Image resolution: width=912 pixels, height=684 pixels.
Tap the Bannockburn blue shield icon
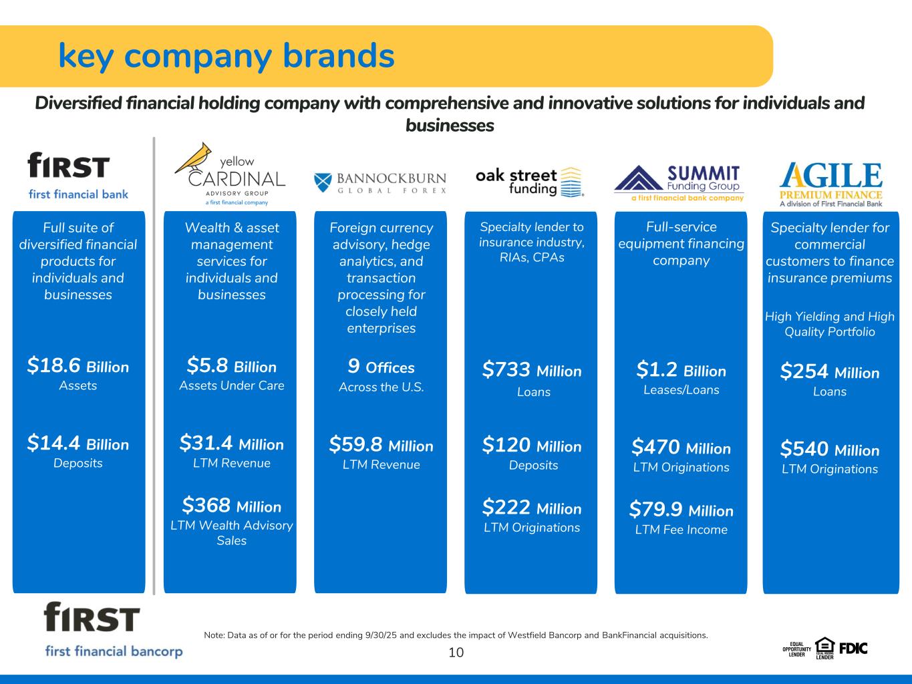click(x=323, y=182)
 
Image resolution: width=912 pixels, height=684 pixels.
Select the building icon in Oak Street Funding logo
click(x=571, y=182)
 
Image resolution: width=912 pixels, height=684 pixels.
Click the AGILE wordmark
click(x=830, y=175)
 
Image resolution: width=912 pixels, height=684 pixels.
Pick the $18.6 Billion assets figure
click(x=78, y=366)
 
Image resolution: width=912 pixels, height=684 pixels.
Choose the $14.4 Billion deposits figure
click(x=78, y=443)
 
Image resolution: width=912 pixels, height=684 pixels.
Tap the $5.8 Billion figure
click(x=231, y=366)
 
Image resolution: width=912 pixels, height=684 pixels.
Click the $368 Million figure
click(x=231, y=506)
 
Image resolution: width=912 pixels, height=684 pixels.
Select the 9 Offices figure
click(x=381, y=366)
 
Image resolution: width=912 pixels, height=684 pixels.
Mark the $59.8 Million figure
click(x=381, y=445)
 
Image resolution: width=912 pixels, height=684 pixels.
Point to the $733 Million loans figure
click(x=532, y=369)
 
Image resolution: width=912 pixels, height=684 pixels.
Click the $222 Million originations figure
click(x=532, y=508)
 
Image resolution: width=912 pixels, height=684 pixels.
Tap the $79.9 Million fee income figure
click(x=681, y=510)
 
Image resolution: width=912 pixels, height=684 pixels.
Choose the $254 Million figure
click(x=830, y=371)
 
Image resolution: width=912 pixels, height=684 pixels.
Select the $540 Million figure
click(x=830, y=449)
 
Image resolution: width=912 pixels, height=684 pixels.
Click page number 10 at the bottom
click(x=456, y=653)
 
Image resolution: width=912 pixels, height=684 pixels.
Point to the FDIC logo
click(x=853, y=649)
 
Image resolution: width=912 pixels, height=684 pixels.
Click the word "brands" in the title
click(x=339, y=55)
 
